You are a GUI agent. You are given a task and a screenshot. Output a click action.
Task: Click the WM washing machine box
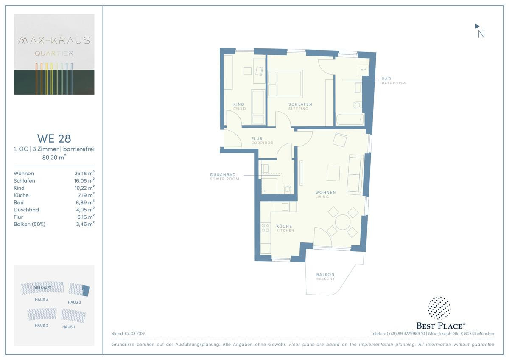[363, 70]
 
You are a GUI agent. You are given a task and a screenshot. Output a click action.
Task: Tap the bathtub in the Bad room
[350, 119]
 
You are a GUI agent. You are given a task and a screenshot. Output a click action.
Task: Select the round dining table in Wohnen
[343, 222]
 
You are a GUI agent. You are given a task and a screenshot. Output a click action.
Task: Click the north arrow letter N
[481, 34]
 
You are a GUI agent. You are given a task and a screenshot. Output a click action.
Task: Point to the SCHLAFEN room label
[300, 104]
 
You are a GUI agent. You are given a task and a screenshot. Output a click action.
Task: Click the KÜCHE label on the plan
[284, 226]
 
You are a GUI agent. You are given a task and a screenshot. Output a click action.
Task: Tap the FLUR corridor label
[257, 138]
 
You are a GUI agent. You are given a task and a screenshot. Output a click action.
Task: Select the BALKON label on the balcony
[325, 275]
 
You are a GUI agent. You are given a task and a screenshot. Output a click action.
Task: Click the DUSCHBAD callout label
[223, 174]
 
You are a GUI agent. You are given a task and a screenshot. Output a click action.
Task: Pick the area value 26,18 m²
[84, 173]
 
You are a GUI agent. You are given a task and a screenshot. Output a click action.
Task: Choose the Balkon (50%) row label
[30, 224]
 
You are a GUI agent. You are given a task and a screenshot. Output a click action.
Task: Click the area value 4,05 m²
[85, 209]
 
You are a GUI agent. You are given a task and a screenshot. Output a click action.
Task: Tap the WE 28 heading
[54, 138]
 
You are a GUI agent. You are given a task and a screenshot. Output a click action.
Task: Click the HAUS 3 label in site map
[74, 302]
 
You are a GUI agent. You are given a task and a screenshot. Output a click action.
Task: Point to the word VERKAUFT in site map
[42, 287]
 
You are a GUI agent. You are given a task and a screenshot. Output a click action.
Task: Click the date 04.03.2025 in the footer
[135, 333]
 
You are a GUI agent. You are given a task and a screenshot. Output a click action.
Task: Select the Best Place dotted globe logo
[439, 308]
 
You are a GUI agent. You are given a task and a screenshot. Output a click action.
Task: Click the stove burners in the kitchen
[266, 228]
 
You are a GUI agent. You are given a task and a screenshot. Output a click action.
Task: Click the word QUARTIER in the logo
[54, 53]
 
